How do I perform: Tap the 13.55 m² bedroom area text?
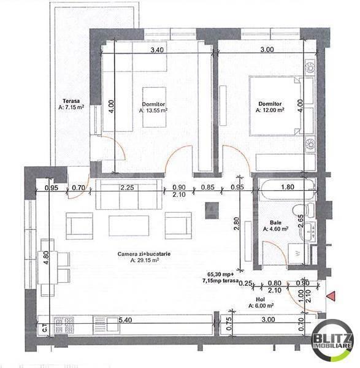point(153,112)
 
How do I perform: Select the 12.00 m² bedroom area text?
point(270,111)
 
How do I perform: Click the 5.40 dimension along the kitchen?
point(126,320)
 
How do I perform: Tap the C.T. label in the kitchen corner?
point(44,328)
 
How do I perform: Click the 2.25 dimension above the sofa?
point(128,188)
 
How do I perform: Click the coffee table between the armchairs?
point(128,225)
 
